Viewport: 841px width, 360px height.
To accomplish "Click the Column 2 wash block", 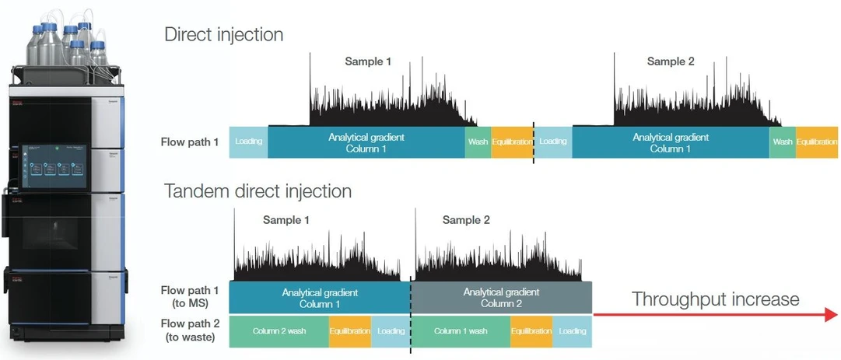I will point(279,331).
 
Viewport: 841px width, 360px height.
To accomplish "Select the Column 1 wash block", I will point(461,331).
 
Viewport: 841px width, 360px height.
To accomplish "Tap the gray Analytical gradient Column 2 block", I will point(501,298).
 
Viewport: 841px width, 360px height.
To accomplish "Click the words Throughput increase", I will point(715,299).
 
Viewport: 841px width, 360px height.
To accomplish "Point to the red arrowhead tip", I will point(836,315).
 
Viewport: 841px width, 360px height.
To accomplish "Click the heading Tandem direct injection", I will point(258,191).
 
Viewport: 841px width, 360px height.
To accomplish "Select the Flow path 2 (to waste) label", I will point(191,330).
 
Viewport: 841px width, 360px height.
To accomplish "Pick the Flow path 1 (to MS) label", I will point(191,298).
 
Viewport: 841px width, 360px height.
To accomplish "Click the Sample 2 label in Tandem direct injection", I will point(466,220).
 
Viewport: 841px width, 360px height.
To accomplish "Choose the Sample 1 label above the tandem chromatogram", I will point(286,220).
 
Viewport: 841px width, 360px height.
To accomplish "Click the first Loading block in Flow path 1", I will point(249,142).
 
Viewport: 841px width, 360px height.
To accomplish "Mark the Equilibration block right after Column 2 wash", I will point(350,331).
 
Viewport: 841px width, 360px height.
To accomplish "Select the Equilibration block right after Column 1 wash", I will point(531,331).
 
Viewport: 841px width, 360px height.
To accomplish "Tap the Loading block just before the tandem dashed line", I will point(390,331).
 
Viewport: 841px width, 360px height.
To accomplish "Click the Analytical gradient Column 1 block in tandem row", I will point(320,298).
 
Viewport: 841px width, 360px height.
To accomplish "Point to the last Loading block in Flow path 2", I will point(572,331).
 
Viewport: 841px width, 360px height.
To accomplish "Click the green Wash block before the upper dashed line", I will point(478,142).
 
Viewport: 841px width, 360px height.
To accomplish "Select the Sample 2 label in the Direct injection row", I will point(671,61).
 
